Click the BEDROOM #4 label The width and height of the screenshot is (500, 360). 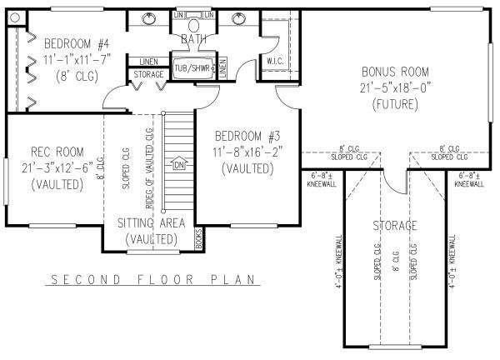(73, 44)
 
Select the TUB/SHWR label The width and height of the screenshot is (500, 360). (192, 67)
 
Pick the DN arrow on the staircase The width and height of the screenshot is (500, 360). (177, 164)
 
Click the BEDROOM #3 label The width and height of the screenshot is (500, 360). (247, 136)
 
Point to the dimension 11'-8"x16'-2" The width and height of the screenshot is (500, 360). (247, 152)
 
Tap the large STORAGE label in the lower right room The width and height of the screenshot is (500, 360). (395, 226)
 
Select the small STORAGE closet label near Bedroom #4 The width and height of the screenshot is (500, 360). (148, 75)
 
